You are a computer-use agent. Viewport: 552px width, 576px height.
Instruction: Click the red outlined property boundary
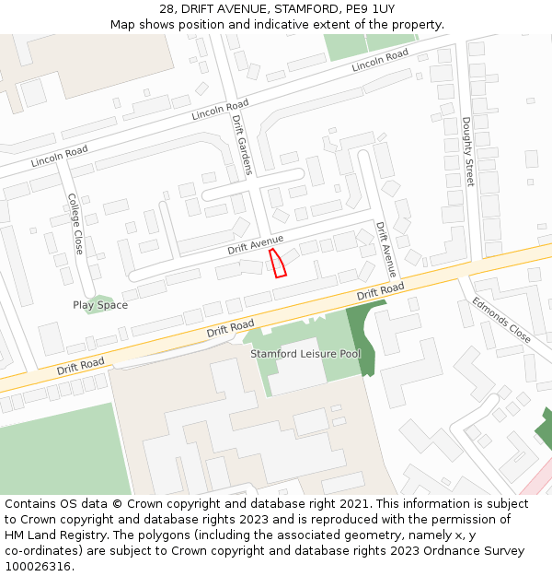point(278,263)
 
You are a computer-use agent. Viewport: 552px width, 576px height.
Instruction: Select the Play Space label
point(100,305)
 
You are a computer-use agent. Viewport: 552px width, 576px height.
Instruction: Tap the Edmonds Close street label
point(501,319)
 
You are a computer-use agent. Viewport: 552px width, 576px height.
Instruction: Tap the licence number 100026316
point(37,567)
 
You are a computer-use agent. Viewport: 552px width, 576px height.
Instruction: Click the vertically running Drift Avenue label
point(386,249)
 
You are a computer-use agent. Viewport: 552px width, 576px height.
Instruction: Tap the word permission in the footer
point(445,520)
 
